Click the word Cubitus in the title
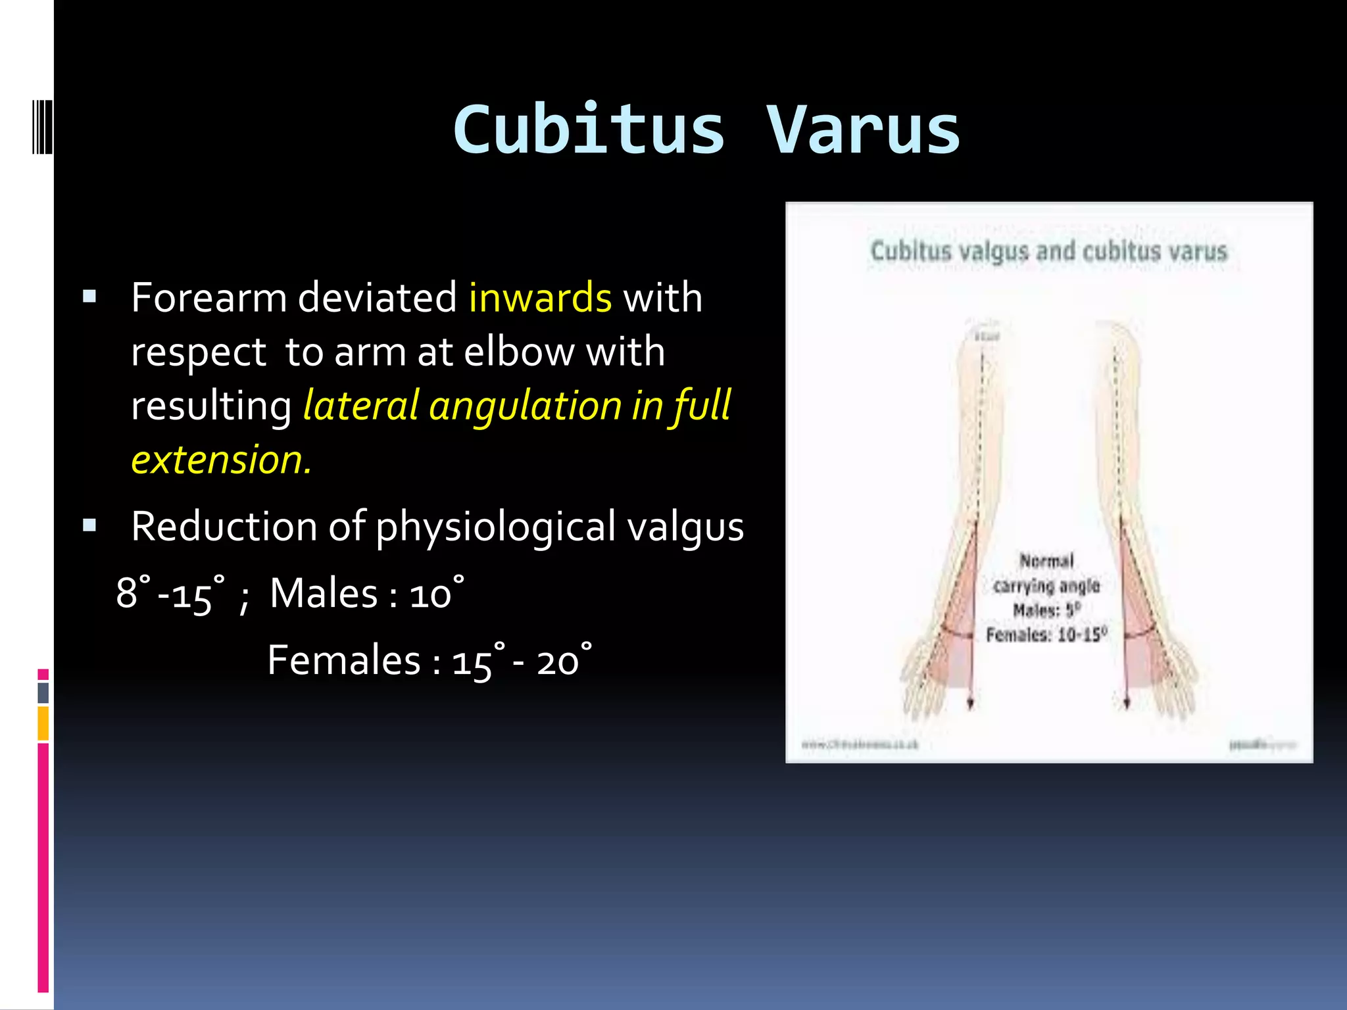coord(589,130)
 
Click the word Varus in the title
coord(863,130)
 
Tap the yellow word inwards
coord(540,297)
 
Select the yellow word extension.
coord(221,459)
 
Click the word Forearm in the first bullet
coord(208,297)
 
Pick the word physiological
coord(495,527)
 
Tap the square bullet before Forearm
coord(90,297)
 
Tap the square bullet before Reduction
coord(90,525)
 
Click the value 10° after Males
coord(436,593)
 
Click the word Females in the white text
coord(343,660)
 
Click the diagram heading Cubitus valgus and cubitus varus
coord(1048,251)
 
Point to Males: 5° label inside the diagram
coord(1046,610)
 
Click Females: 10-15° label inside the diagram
coord(1046,635)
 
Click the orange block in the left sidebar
coord(43,723)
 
